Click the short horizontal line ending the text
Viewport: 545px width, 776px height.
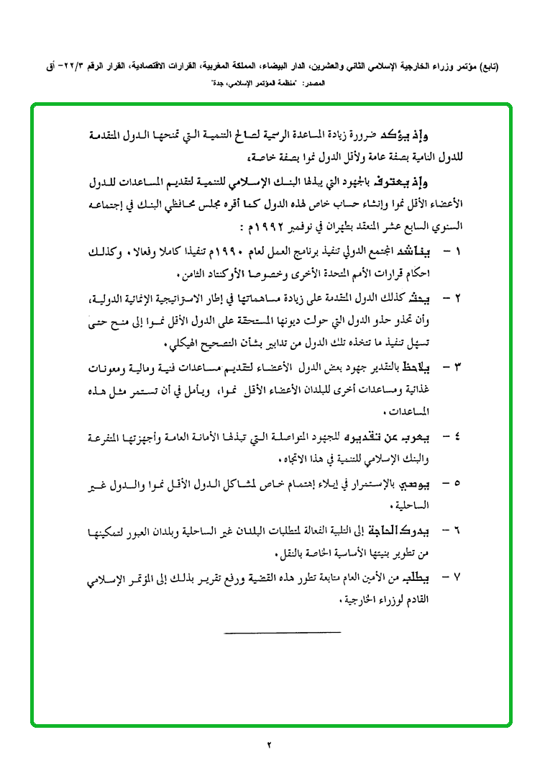[283, 632]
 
